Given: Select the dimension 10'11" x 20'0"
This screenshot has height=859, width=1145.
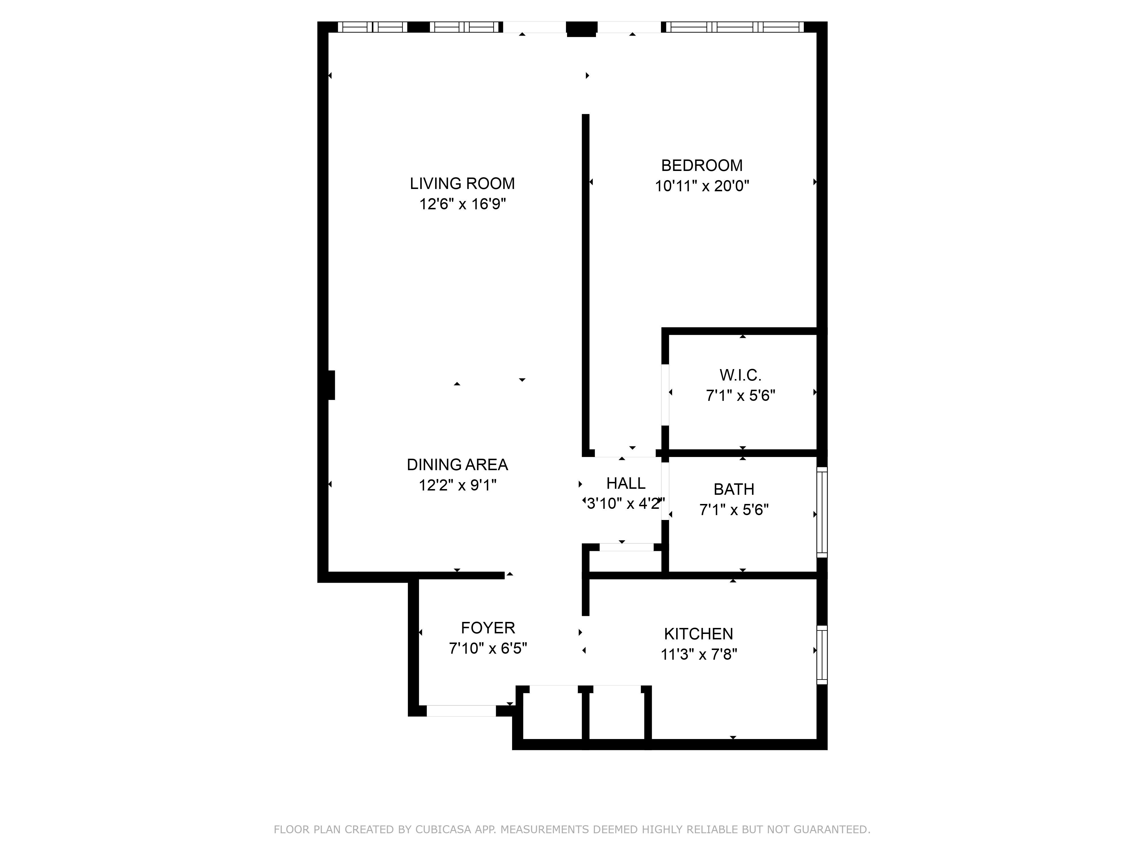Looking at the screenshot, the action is (702, 186).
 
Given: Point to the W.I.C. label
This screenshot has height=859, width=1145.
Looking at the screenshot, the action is (740, 375).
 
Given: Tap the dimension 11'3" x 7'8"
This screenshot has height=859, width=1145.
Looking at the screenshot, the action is (699, 655).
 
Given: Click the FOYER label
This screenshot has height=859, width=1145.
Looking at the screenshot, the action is (488, 628).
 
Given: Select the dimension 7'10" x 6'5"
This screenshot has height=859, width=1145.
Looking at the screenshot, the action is (488, 648).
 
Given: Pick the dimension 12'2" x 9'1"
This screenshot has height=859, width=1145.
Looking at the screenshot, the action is (458, 485).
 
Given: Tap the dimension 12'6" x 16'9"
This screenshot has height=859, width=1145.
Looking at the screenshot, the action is (462, 204).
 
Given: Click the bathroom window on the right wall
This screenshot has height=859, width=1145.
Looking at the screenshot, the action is (822, 513).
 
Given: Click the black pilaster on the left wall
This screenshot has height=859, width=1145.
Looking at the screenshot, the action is (331, 385).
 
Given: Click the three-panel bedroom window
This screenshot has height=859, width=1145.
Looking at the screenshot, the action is (735, 27).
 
